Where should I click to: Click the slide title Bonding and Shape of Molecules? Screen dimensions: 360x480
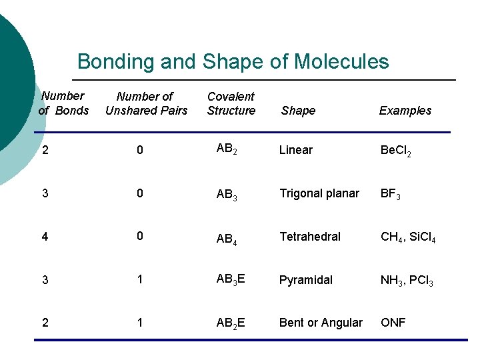coord(233,62)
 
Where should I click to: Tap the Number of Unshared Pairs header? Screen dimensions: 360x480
coord(146,104)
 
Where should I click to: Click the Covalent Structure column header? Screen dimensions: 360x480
coord(231,104)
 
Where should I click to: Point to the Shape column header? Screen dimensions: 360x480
coord(298,111)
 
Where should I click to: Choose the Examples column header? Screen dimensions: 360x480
coord(405,111)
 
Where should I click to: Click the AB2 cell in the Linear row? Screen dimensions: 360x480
coord(227,150)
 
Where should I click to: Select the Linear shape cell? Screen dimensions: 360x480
coord(295,150)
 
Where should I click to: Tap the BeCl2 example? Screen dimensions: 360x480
coord(395,151)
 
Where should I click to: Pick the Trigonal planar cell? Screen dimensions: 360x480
coord(319,193)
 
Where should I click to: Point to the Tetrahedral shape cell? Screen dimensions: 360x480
coord(309,237)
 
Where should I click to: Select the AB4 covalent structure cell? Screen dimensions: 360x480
coord(227,239)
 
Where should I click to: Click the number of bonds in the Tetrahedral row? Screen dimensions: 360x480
coord(45,237)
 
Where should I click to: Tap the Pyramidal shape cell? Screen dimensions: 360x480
coord(305,280)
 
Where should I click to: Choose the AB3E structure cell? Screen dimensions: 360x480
coord(231,280)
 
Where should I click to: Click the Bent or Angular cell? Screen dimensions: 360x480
coord(321,323)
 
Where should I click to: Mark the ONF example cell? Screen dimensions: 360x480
coord(393,323)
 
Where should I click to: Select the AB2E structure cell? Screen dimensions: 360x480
coord(231,323)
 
